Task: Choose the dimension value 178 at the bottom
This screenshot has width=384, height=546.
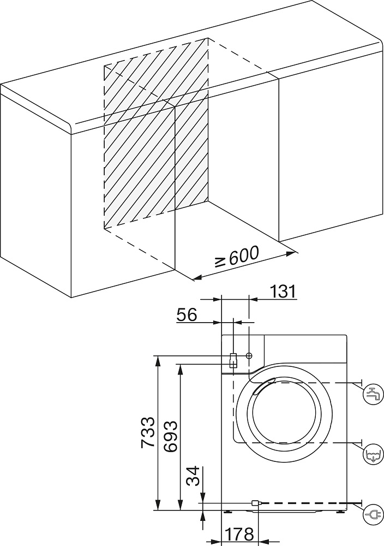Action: click(239, 534)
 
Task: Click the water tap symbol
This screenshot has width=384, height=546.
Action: click(373, 393)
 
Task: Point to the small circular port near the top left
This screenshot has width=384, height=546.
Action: click(249, 356)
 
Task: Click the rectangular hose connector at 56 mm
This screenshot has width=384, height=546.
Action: click(233, 360)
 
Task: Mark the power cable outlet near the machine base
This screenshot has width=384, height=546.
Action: click(255, 502)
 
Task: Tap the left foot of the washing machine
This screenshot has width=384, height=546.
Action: click(228, 512)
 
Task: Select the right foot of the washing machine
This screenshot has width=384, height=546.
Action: click(341, 512)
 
